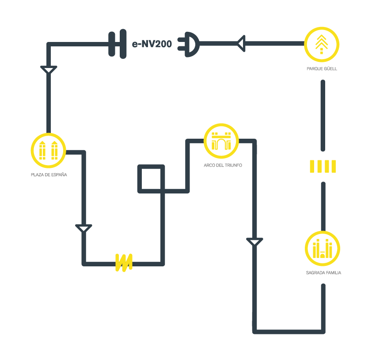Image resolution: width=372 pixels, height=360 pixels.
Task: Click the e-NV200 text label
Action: (152, 44)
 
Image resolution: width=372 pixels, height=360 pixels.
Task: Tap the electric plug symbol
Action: (189, 44)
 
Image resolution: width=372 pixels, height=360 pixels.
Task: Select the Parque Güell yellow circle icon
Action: (322, 44)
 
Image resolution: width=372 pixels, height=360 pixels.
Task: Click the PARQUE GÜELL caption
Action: (322, 69)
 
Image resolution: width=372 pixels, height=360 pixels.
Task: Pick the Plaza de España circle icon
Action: (48, 150)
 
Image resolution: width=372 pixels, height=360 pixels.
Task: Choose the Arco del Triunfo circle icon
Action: (221, 141)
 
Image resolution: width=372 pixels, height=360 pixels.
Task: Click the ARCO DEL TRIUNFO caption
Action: (223, 165)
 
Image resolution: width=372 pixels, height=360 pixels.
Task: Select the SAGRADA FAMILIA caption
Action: (323, 273)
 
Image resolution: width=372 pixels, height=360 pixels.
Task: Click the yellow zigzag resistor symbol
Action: (123, 262)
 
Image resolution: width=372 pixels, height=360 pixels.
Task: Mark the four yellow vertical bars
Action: (323, 167)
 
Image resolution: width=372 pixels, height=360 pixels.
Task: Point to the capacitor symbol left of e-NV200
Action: (117, 44)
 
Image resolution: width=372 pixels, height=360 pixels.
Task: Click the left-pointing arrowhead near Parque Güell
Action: (241, 44)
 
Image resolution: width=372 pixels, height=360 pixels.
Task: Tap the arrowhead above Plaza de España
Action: (49, 70)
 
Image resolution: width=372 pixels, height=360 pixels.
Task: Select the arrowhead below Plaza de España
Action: (84, 228)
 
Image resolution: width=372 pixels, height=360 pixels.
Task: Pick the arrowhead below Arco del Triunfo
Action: (254, 242)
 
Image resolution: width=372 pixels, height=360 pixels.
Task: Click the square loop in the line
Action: (151, 179)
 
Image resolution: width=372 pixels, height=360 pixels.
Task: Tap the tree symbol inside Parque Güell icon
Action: (322, 43)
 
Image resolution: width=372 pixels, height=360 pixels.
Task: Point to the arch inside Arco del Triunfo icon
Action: (221, 144)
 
